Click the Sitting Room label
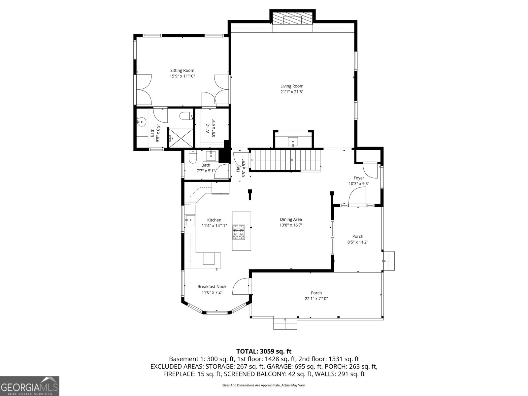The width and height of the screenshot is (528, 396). pyautogui.click(x=182, y=70)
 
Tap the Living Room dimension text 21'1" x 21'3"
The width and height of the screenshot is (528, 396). pyautogui.click(x=292, y=92)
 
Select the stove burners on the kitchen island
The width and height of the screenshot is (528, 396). pyautogui.click(x=239, y=232)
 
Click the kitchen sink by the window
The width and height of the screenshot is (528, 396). pyautogui.click(x=190, y=220)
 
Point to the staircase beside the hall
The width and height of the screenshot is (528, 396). pyautogui.click(x=285, y=161)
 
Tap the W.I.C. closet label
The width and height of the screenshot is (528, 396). pyautogui.click(x=208, y=128)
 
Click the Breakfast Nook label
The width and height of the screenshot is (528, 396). pyautogui.click(x=212, y=286)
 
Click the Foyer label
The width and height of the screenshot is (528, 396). pyautogui.click(x=359, y=178)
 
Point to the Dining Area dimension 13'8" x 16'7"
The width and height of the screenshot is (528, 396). pyautogui.click(x=291, y=225)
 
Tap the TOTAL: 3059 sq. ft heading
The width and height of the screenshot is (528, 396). pyautogui.click(x=264, y=351)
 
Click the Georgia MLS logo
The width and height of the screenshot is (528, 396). pyautogui.click(x=30, y=386)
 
